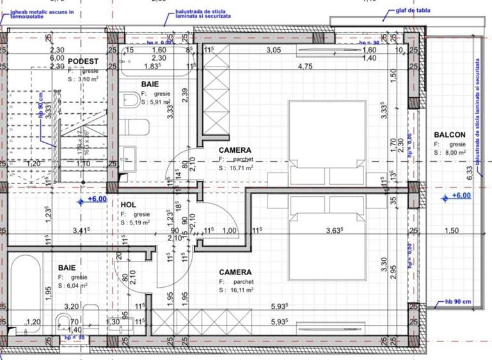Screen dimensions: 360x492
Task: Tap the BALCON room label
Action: click(x=449, y=135)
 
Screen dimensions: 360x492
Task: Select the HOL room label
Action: click(x=128, y=205)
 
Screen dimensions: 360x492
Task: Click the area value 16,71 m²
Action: click(x=241, y=168)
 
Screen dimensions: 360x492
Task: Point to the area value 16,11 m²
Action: click(x=241, y=290)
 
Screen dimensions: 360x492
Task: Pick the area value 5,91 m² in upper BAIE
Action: click(x=159, y=102)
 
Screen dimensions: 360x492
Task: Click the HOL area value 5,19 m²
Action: click(x=138, y=223)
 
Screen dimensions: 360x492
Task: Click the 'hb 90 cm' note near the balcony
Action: click(x=458, y=302)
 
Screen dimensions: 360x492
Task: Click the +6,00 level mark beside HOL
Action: click(x=97, y=200)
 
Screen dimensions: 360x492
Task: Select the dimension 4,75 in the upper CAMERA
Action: click(x=305, y=66)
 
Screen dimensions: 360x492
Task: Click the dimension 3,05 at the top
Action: click(x=273, y=50)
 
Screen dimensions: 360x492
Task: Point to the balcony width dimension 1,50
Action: click(x=452, y=231)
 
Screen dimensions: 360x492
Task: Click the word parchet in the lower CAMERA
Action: click(x=243, y=281)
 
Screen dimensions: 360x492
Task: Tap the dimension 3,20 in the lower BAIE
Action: click(x=71, y=306)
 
